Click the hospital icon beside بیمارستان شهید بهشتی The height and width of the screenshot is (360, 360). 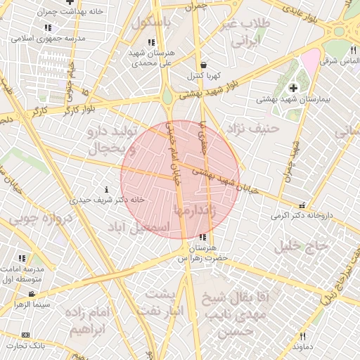coord(292,87)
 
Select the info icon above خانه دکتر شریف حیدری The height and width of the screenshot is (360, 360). coord(106,189)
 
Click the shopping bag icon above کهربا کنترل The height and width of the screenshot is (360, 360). coord(203,65)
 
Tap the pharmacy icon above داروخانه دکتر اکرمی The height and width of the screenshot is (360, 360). coord(302,205)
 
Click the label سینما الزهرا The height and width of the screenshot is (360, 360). coord(32,304)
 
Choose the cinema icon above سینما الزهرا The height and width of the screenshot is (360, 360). coord(32,294)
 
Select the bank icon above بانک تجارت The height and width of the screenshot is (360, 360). coord(26,335)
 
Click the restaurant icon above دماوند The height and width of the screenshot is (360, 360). coord(302,336)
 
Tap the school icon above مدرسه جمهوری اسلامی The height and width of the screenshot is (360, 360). coord(47,27)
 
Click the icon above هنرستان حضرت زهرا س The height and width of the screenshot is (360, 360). coord(203,238)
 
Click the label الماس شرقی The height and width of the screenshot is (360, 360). coord(335,61)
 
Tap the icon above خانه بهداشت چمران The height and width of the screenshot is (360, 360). coord(70,2)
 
